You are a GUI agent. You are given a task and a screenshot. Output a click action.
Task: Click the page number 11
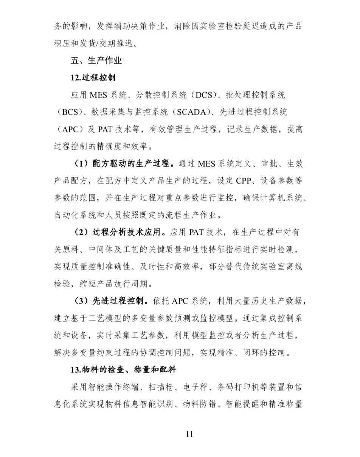click(189, 434)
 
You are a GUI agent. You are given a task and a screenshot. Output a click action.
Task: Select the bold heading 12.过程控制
click(93, 78)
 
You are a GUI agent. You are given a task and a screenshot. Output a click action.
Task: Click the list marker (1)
click(80, 164)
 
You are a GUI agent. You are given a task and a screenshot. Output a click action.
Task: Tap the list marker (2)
click(80, 232)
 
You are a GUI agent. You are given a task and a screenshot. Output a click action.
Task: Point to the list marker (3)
click(80, 301)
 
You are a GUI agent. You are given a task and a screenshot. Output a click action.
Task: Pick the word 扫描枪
click(161, 387)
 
